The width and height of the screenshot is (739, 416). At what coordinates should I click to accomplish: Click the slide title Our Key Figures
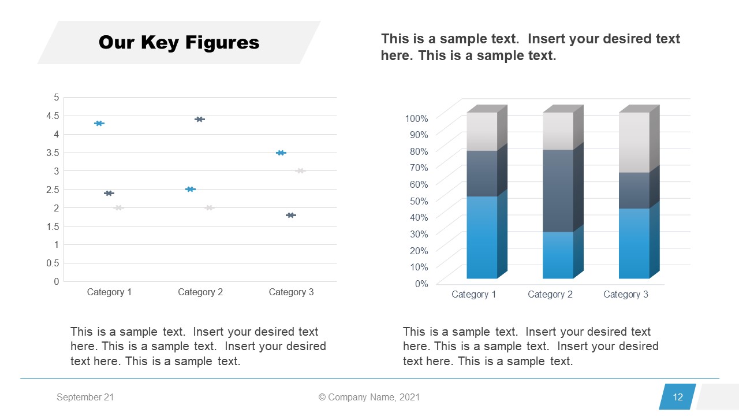[x=179, y=43]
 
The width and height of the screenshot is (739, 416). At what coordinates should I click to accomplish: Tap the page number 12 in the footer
[x=678, y=397]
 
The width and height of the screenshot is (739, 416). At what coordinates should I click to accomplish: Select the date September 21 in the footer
[x=85, y=398]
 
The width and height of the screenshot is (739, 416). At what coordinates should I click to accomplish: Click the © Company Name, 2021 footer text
[x=369, y=398]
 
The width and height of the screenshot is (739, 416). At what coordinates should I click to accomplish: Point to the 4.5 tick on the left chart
[x=53, y=116]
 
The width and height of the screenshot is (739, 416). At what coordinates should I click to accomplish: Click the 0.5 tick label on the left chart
[x=53, y=263]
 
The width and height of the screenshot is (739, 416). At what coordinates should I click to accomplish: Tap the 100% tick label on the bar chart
[x=417, y=118]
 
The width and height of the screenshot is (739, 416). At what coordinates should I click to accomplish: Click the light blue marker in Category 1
[x=99, y=123]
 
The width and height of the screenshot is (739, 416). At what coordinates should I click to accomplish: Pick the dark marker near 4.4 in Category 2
[x=200, y=119]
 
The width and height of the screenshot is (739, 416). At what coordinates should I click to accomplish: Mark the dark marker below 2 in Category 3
[x=291, y=215]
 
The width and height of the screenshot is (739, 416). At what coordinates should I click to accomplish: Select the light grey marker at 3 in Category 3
[x=300, y=170]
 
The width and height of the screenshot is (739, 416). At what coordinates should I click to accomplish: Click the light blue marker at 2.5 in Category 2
[x=191, y=189]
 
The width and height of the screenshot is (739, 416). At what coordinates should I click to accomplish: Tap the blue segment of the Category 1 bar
[x=482, y=237]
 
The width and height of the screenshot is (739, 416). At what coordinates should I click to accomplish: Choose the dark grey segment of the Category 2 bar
[x=558, y=191]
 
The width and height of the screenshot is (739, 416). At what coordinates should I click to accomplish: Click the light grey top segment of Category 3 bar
[x=634, y=142]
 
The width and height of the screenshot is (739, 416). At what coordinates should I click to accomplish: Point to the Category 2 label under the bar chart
[x=550, y=295]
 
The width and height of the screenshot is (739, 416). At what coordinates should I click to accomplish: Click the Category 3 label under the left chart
[x=291, y=292]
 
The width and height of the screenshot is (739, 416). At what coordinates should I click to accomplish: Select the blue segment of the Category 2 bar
[x=558, y=255]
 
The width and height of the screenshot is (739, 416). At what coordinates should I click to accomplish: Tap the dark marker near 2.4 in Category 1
[x=109, y=193]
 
